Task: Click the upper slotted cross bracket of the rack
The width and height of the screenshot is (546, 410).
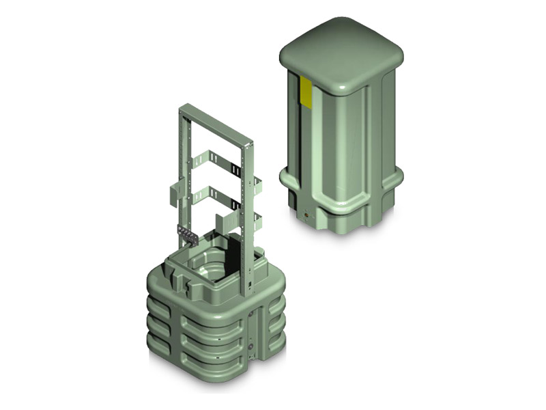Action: click(x=214, y=163)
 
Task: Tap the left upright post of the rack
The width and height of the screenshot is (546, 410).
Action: click(x=183, y=171)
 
